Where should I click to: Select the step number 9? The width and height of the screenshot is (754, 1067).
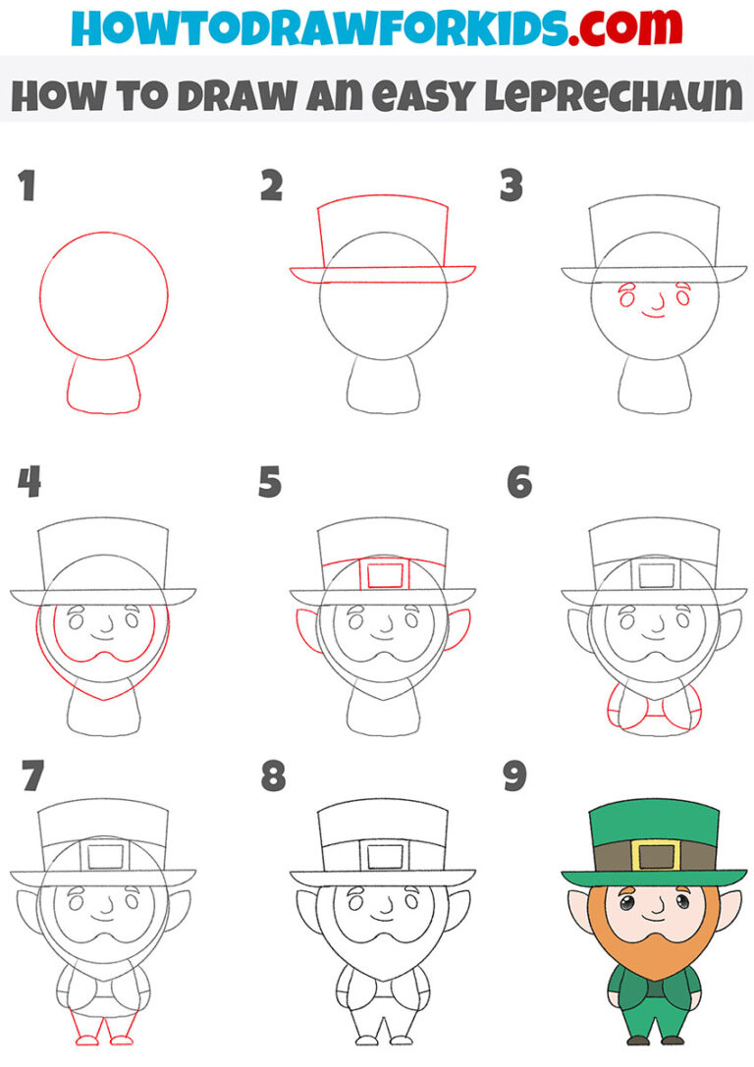[x=512, y=776]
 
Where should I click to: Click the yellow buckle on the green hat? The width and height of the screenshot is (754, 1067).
[x=655, y=855]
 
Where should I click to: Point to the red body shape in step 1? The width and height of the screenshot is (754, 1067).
[x=103, y=388]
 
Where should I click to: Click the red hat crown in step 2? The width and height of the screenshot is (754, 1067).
[x=383, y=236]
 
